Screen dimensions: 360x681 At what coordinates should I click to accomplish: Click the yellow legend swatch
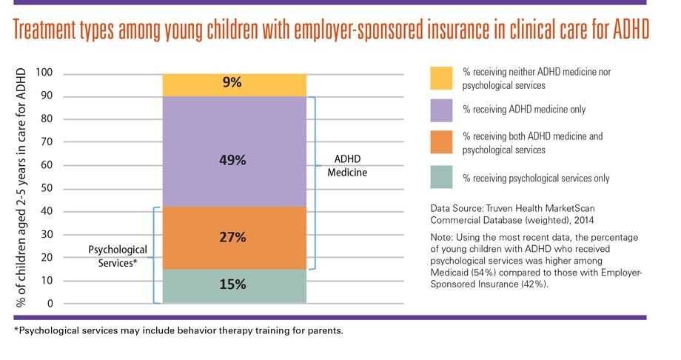click(442, 78)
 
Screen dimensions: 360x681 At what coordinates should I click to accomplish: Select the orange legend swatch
click(442, 143)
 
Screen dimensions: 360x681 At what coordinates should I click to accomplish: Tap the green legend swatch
click(442, 178)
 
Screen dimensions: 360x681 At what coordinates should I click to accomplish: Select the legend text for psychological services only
click(536, 178)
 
